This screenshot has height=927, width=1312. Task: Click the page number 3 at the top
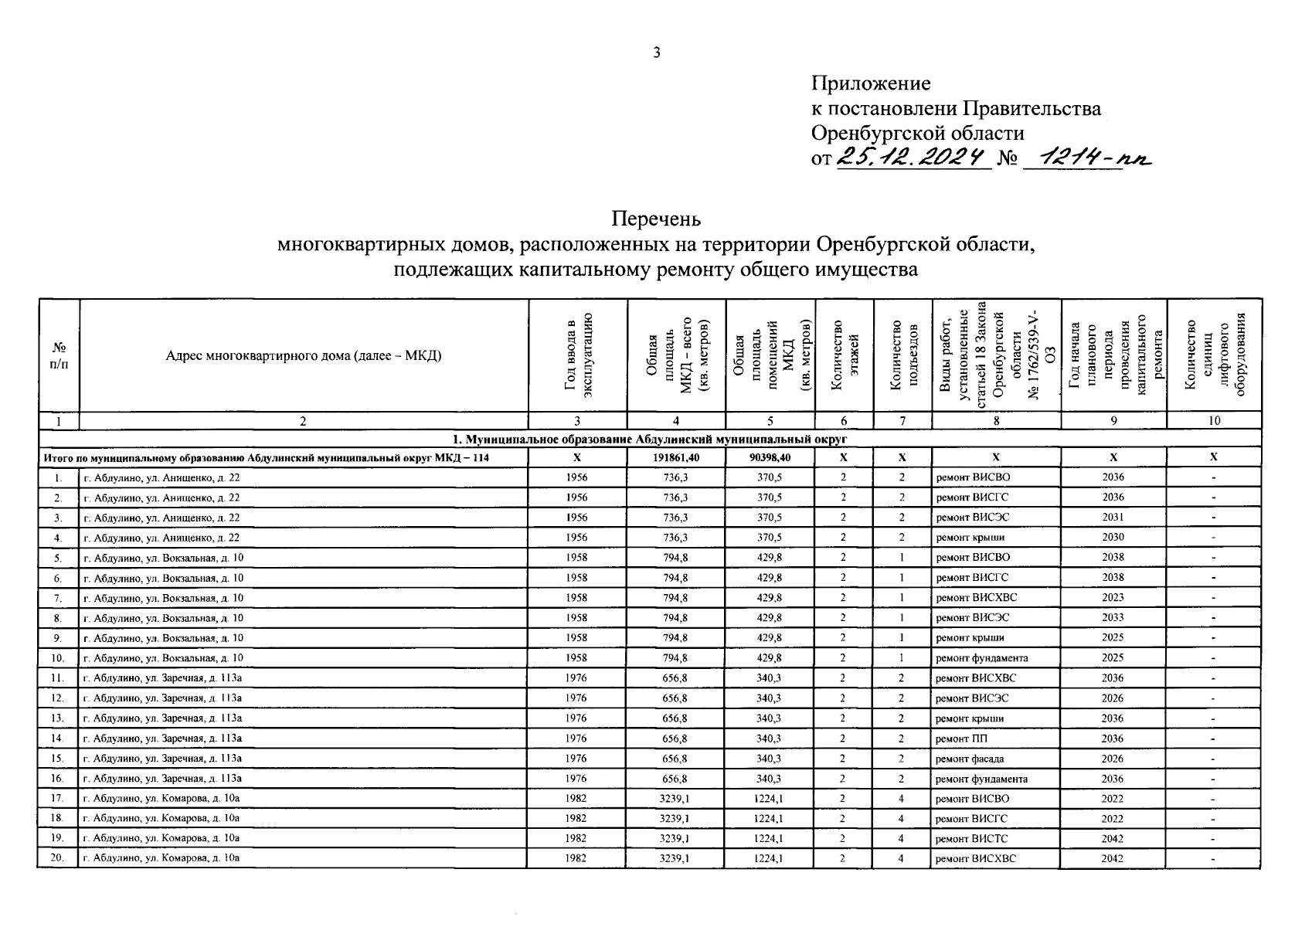(x=656, y=53)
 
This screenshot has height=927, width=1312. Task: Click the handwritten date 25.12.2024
(x=914, y=158)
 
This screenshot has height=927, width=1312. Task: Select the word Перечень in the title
(x=656, y=219)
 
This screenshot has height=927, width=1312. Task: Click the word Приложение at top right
(x=871, y=83)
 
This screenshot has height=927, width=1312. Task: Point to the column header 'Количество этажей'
(x=844, y=355)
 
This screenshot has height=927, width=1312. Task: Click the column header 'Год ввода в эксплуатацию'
(x=577, y=355)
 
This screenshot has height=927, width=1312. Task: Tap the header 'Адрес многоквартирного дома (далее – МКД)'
(x=303, y=356)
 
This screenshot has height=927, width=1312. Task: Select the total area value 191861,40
(x=676, y=457)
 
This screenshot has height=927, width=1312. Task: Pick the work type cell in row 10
(x=981, y=658)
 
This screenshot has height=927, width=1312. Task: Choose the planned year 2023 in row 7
(x=1113, y=598)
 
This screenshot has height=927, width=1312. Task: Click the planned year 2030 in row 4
(x=1113, y=538)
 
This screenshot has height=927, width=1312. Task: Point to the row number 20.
(x=57, y=858)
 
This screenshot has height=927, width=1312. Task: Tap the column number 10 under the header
(x=1214, y=421)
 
